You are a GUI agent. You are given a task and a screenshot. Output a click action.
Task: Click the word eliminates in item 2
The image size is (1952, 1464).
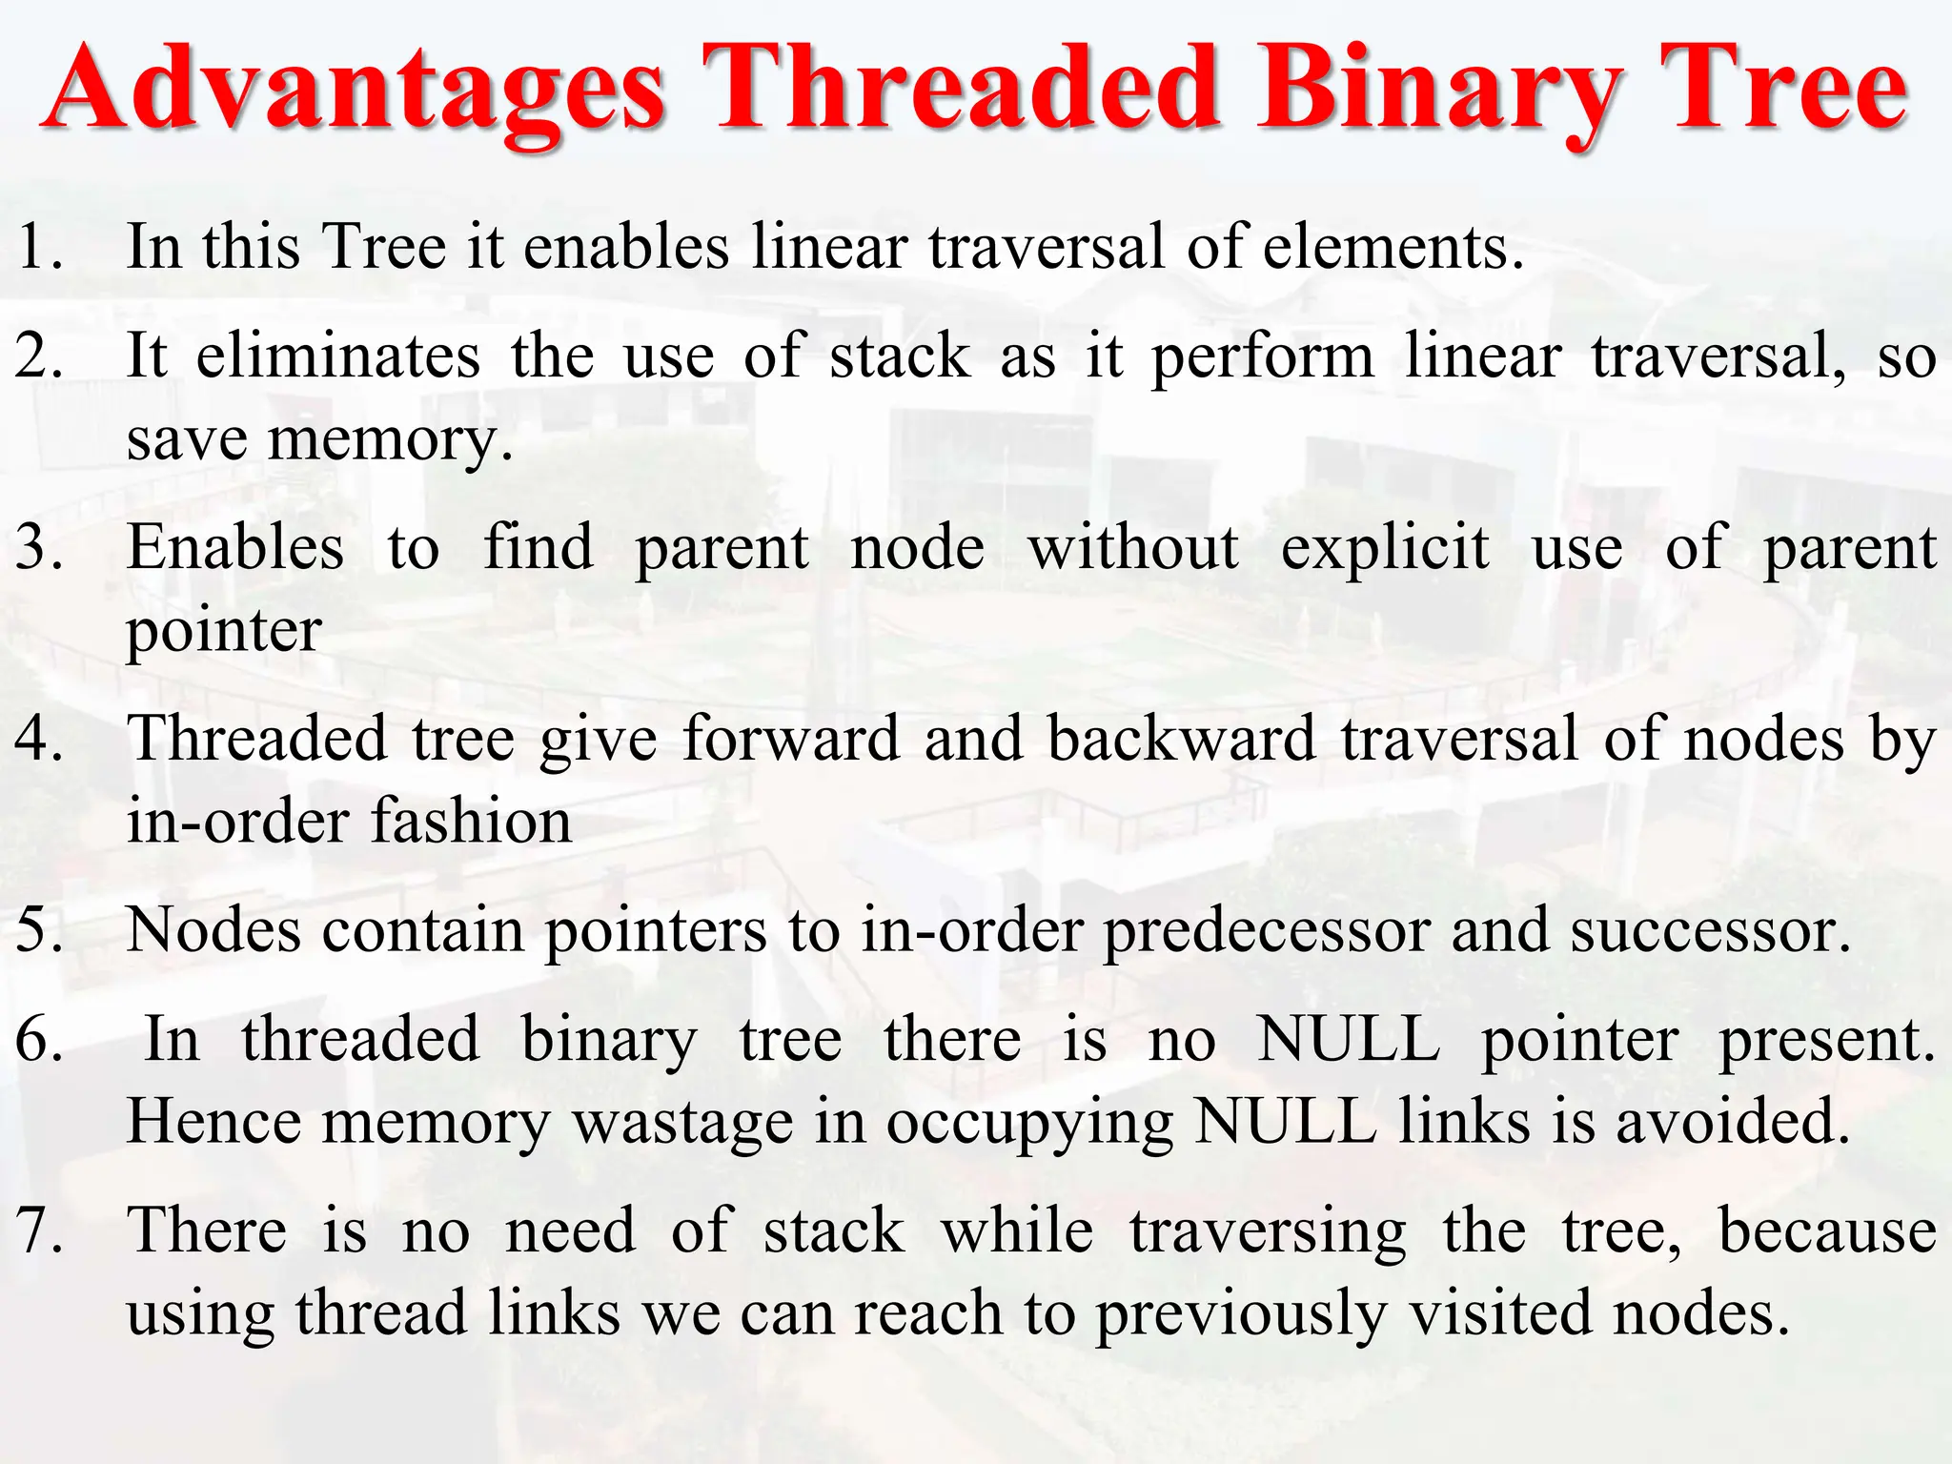click(x=338, y=356)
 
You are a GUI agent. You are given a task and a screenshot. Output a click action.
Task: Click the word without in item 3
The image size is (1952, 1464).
click(x=1133, y=548)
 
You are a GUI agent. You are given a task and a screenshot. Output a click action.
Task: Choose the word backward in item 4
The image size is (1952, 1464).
click(x=1181, y=739)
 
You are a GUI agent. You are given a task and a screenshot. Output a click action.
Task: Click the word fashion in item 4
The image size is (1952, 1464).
click(x=471, y=822)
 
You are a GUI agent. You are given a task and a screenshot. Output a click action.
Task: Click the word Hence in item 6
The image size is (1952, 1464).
click(x=214, y=1122)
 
